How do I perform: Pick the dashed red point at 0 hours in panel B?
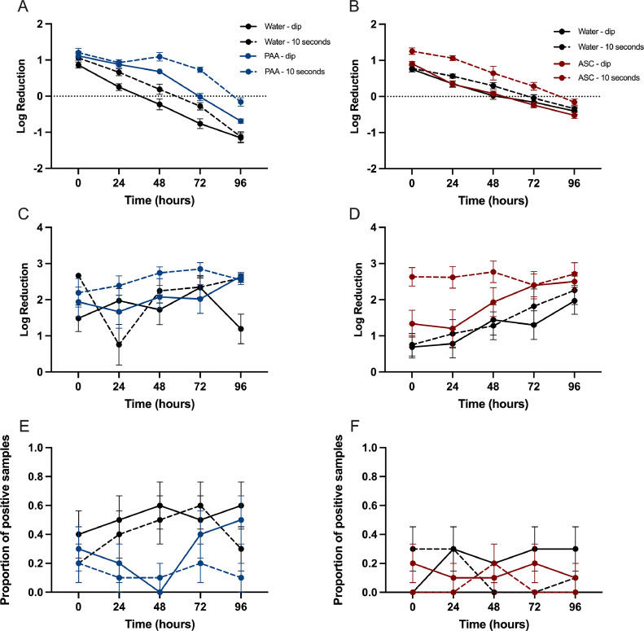tap(413, 51)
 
